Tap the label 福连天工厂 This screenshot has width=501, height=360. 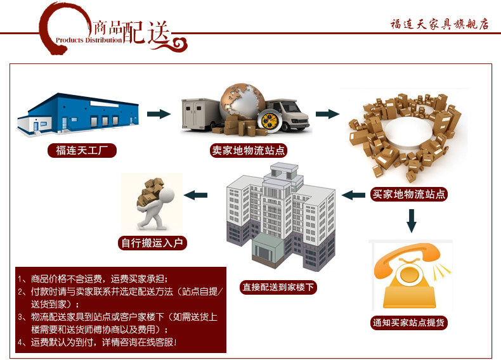click(82, 151)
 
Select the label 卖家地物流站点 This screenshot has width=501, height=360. click(248, 151)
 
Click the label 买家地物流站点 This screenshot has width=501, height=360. click(409, 195)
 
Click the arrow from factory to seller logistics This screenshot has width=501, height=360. click(159, 114)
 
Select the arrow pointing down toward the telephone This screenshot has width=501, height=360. click(411, 219)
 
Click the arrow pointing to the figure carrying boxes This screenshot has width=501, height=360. click(195, 195)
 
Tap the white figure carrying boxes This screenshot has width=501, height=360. click(153, 203)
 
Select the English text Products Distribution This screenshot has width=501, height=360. click(89, 40)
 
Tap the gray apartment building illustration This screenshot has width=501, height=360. click(279, 215)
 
